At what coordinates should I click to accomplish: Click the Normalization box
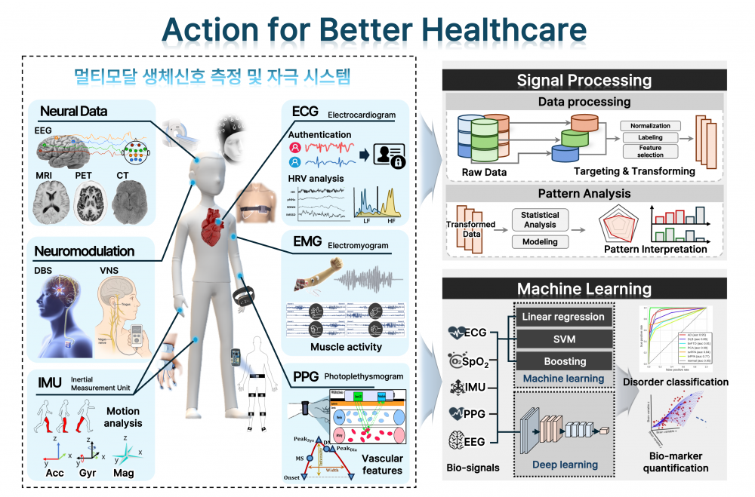tap(650, 126)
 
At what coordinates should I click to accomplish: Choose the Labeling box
tap(650, 138)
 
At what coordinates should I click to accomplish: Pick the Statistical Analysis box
tap(540, 219)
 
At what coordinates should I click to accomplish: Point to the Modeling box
tap(540, 242)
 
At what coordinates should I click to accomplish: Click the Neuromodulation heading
tap(84, 251)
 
